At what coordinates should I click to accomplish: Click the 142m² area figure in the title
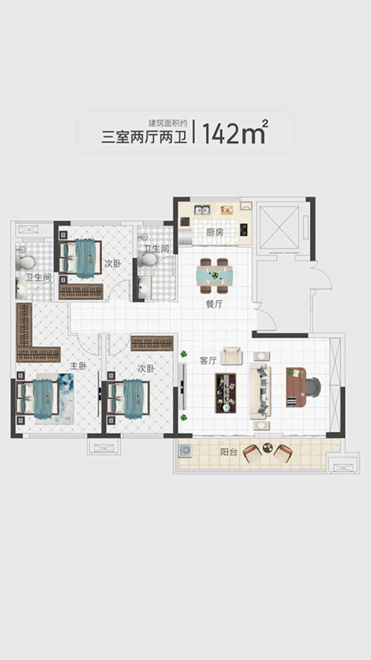pos(235,132)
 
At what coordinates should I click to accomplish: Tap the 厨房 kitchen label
pos(215,233)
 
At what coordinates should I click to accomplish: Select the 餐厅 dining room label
pos(214,304)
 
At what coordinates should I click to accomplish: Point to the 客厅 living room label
pos(208,361)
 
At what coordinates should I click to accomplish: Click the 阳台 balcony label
pos(229,452)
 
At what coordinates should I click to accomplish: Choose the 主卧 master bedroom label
pos(79,366)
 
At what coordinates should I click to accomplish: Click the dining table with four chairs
pos(214,276)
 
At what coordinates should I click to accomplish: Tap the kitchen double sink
pos(202,210)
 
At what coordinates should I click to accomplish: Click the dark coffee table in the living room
pos(226,393)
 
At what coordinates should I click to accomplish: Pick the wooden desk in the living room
pos(295,387)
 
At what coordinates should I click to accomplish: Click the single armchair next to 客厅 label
pos(232,356)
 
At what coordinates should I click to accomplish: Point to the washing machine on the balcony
pos(185,451)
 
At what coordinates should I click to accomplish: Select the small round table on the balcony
pos(268,448)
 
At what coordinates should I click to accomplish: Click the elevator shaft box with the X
pos(279,228)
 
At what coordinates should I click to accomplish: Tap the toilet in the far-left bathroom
pos(26,262)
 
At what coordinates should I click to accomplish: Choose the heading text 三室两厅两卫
pos(144,138)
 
